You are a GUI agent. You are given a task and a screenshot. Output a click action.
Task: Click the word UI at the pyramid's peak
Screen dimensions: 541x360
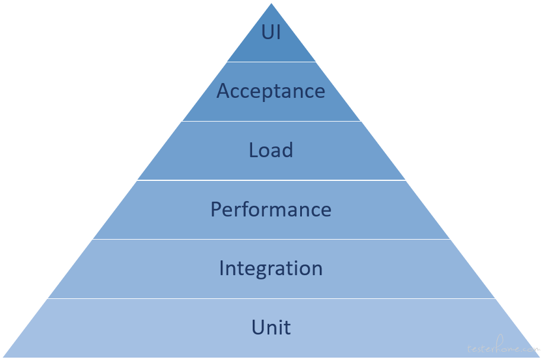[271, 31]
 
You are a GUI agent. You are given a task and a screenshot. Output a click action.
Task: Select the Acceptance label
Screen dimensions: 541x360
[271, 91]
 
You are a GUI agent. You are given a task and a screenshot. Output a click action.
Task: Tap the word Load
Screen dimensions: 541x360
[271, 150]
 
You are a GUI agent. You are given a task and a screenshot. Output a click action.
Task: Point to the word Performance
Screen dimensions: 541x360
[271, 209]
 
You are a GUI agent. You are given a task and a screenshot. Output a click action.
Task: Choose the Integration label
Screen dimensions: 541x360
[271, 269]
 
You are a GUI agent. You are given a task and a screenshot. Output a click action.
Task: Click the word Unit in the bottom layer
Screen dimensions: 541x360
[271, 327]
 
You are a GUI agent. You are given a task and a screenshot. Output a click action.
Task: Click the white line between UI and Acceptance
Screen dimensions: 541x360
[271, 62]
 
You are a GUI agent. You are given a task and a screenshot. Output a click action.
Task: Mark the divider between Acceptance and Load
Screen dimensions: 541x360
[271, 121]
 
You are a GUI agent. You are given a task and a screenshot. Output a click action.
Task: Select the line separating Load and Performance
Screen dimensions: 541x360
[271, 180]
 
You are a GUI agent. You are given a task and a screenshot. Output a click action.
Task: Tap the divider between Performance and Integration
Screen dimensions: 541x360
[271, 239]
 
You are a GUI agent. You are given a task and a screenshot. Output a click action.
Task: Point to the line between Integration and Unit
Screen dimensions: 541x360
[271, 298]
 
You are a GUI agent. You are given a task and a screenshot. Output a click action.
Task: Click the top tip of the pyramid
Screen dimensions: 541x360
[271, 4]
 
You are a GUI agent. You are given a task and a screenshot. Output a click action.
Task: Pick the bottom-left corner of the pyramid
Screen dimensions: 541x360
[3, 357]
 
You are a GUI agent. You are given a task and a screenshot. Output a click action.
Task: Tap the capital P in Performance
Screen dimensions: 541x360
[216, 209]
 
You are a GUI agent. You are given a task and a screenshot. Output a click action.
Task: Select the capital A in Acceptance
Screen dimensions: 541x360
[224, 91]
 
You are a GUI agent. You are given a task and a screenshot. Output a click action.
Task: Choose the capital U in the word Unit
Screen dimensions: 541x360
[258, 327]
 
